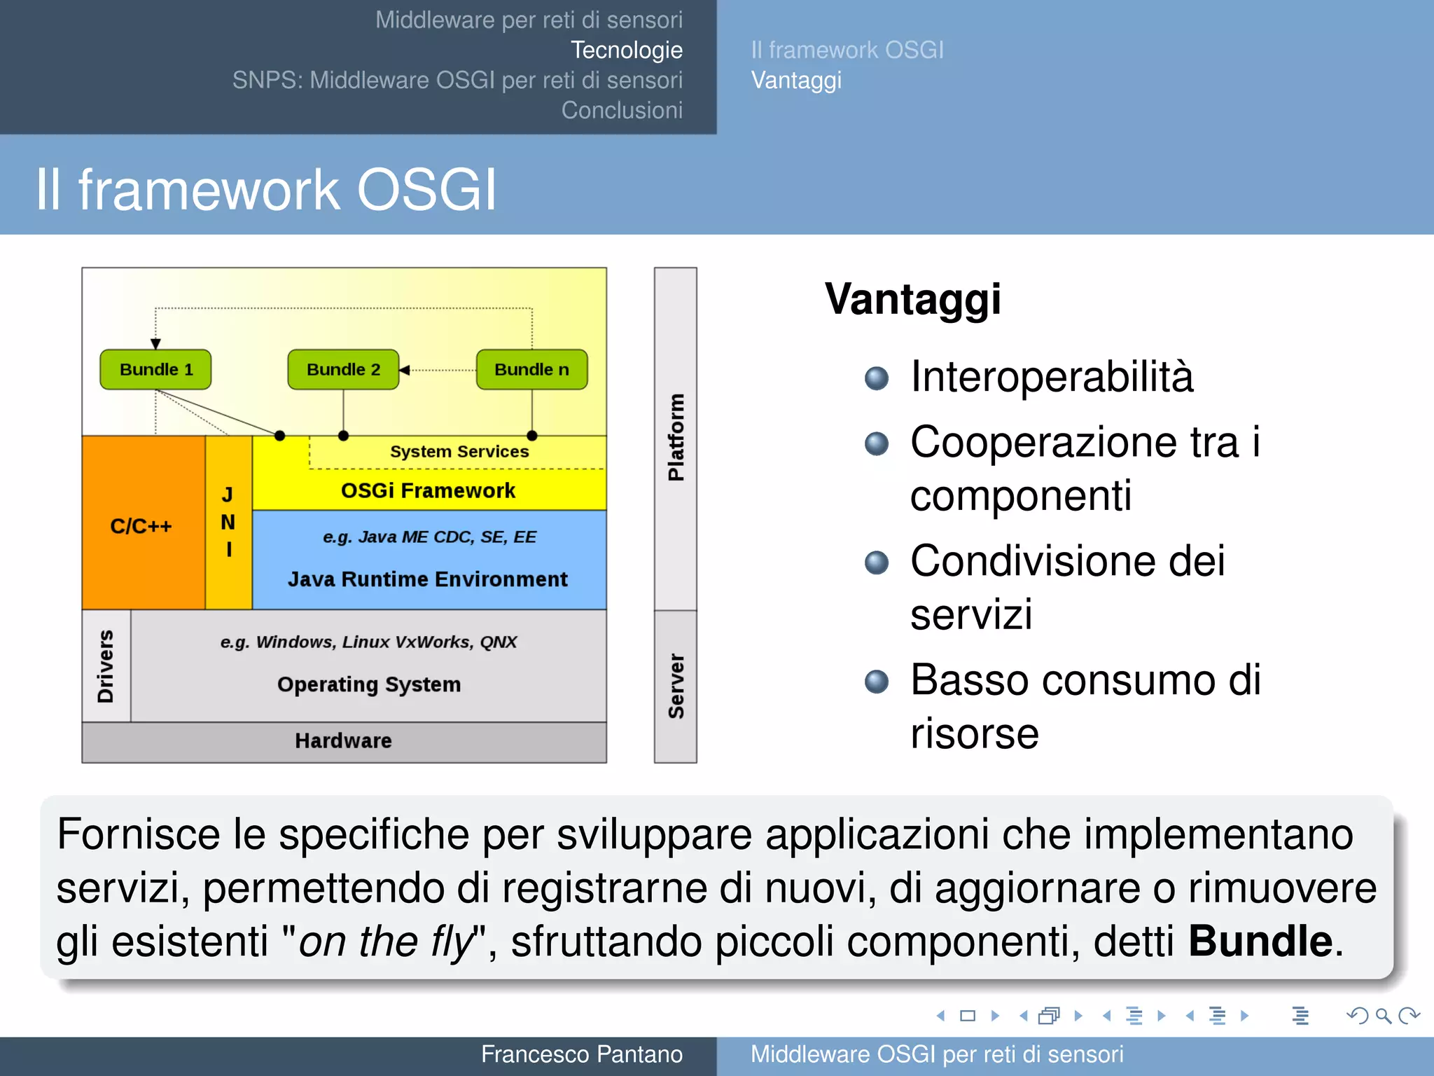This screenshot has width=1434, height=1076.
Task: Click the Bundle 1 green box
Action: tap(155, 370)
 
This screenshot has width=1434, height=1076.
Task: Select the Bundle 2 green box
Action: tap(343, 370)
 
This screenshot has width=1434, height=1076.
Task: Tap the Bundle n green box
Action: tap(531, 370)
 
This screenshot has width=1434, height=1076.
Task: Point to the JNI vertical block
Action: tap(228, 523)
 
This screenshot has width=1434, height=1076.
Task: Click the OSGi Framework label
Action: tap(428, 490)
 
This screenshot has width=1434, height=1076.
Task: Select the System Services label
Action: tap(459, 452)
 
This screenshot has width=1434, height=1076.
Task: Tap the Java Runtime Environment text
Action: tap(428, 579)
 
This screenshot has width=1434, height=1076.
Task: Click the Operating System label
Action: tap(369, 684)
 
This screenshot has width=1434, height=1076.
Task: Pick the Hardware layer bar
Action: tap(343, 741)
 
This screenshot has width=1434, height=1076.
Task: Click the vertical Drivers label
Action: tap(106, 666)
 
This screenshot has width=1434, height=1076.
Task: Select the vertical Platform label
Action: tap(676, 438)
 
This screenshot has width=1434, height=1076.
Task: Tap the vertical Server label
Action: tap(676, 687)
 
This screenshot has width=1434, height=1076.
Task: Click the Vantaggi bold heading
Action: tap(912, 300)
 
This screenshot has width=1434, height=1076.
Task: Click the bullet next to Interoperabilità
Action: tap(876, 378)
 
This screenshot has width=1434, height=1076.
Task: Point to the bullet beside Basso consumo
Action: tap(876, 681)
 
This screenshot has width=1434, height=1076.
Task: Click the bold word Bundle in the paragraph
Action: tap(1260, 941)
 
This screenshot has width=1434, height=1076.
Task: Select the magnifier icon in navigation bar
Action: tap(1383, 1016)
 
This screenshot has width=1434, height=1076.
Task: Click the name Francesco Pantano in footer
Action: tap(581, 1054)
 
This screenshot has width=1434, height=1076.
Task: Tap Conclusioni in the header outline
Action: tap(622, 111)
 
